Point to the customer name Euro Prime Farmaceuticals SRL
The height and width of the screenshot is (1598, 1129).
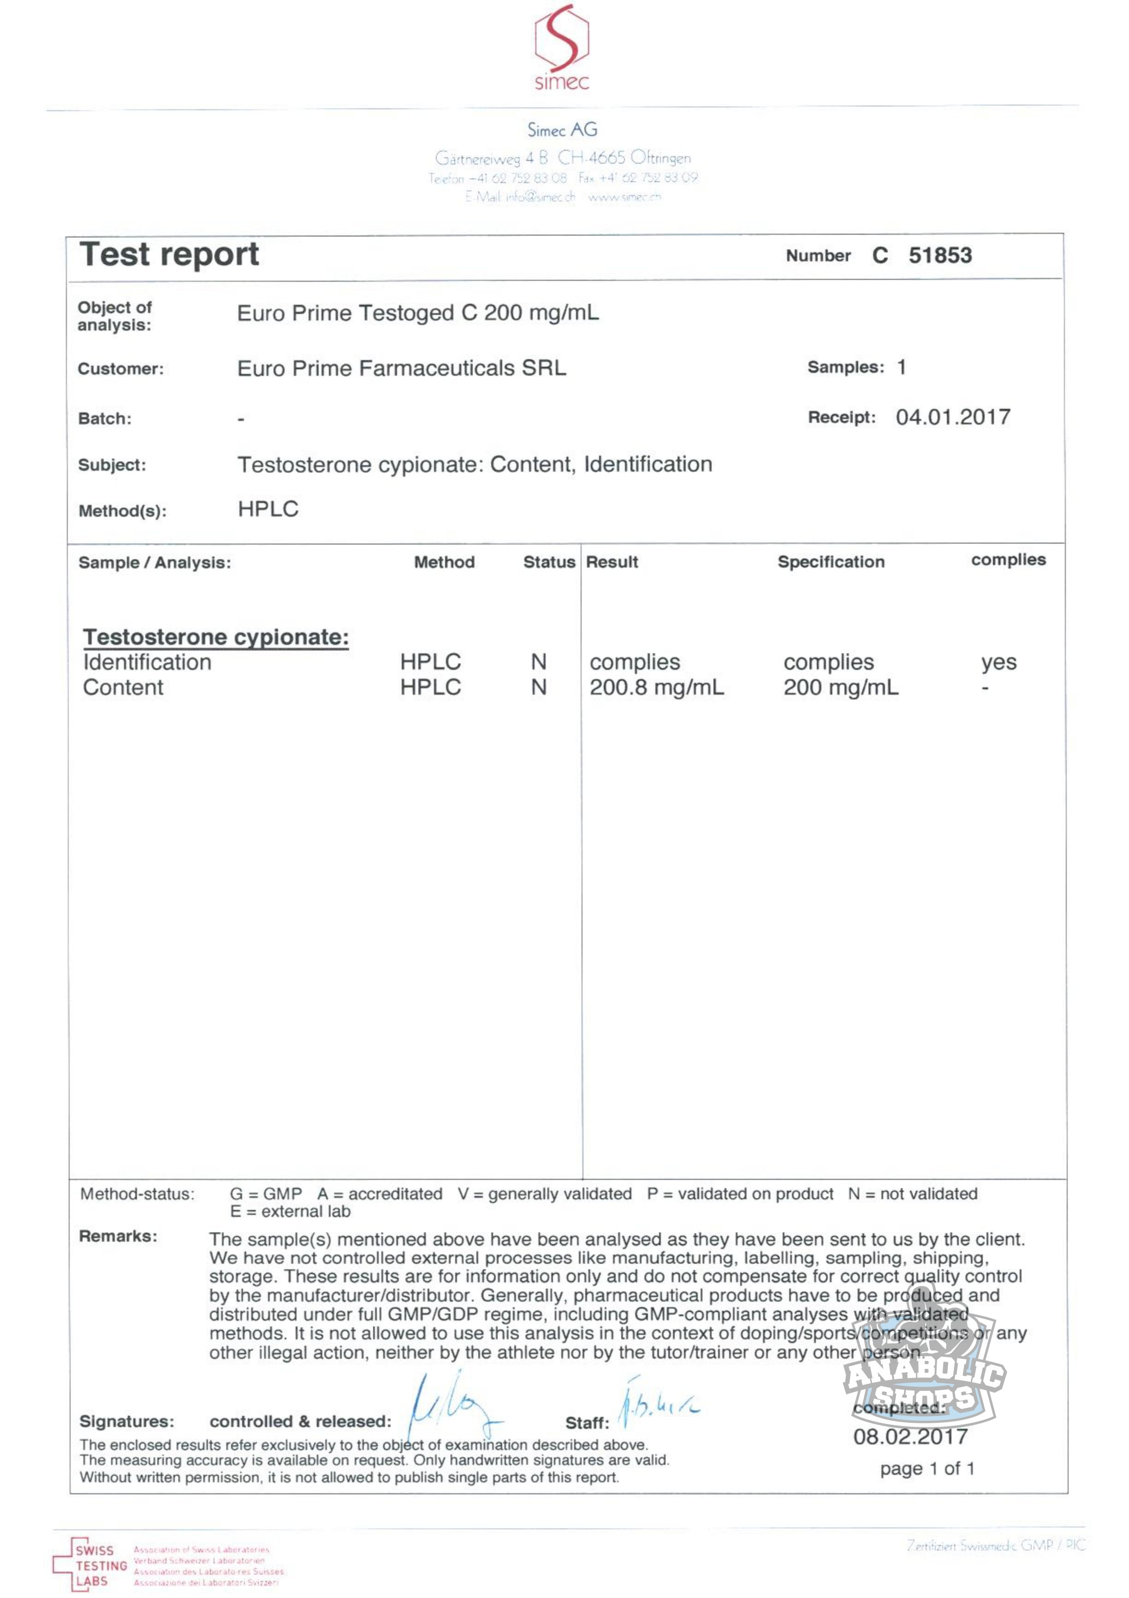point(402,368)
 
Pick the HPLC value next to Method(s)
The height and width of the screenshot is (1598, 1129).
point(268,509)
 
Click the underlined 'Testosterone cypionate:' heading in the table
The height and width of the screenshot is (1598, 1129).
point(216,637)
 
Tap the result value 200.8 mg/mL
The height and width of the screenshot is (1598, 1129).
point(656,687)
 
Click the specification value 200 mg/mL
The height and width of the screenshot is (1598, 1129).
point(841,687)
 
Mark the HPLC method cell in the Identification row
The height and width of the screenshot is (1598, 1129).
point(430,662)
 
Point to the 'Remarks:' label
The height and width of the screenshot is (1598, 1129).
point(119,1236)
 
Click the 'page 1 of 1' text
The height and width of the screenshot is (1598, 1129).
point(927,1468)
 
